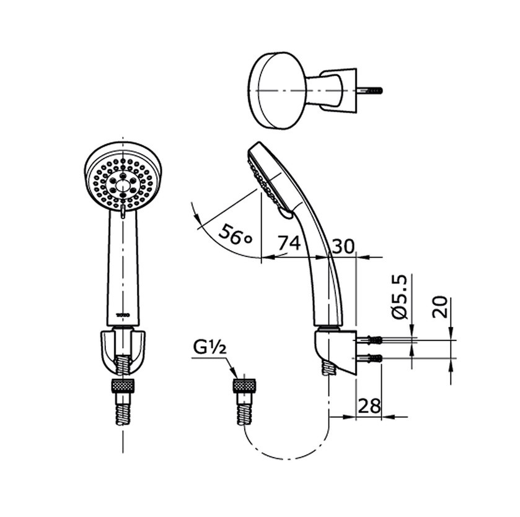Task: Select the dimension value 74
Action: click(288, 243)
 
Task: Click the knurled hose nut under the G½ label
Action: click(245, 386)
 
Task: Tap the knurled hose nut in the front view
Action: click(123, 386)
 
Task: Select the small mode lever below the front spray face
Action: click(123, 212)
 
